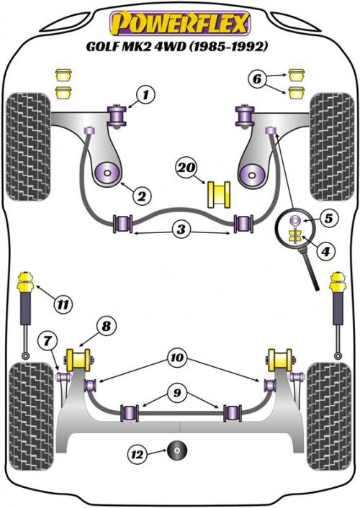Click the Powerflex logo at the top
click(x=180, y=23)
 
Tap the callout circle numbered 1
click(x=145, y=95)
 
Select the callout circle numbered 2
click(x=142, y=196)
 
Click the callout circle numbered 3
click(x=181, y=230)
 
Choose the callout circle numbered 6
click(x=257, y=78)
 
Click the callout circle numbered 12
click(x=138, y=455)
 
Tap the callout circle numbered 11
click(x=63, y=304)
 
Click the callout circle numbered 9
click(x=177, y=394)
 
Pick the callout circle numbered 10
click(x=178, y=358)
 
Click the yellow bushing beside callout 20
click(x=219, y=194)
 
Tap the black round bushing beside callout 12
click(x=177, y=450)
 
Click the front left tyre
click(x=30, y=148)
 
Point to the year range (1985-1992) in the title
click(x=229, y=47)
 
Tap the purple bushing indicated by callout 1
click(x=118, y=116)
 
